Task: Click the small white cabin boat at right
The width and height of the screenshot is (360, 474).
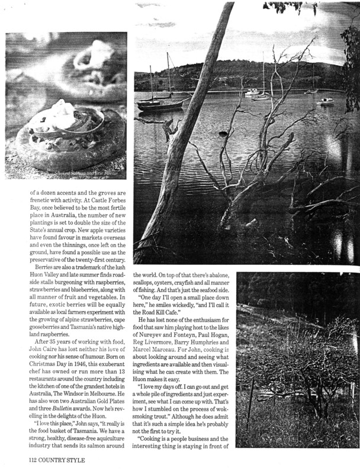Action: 324,101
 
